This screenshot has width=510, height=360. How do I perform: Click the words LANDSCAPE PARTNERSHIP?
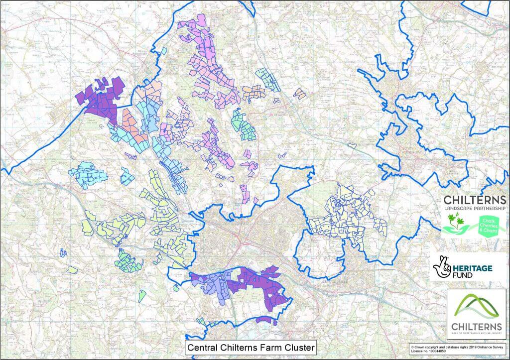pyautogui.click(x=474, y=208)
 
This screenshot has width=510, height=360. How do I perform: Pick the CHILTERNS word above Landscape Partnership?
pyautogui.click(x=474, y=200)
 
